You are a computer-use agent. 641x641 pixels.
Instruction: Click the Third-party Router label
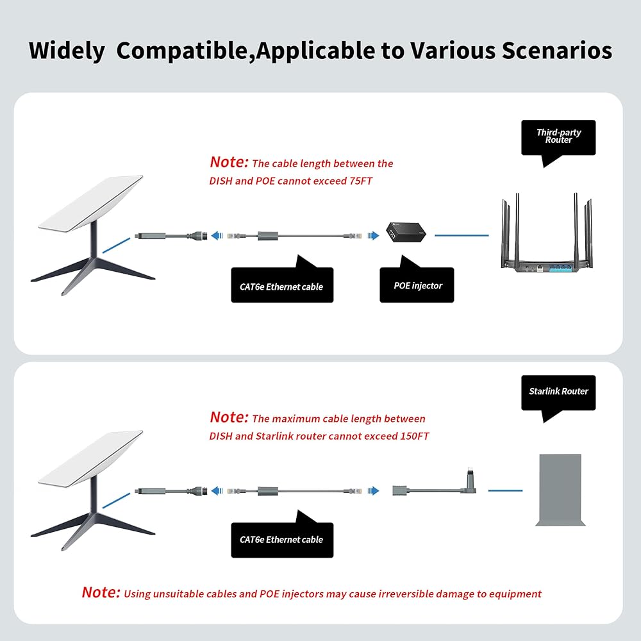558,137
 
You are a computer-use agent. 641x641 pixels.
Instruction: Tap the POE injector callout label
417,285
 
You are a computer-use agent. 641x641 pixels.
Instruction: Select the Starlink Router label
558,392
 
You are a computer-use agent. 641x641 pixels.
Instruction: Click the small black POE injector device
406,232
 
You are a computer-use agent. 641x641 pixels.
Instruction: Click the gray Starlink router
560,490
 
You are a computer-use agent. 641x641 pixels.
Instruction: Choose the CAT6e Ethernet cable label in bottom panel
282,540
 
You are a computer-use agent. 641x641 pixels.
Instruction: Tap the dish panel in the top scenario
90,204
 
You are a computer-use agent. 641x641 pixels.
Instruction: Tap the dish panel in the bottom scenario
90,459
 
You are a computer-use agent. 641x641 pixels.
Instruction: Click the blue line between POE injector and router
462,235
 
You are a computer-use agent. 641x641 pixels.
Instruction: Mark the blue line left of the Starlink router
505,490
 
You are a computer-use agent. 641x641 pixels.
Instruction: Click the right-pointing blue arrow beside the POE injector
373,235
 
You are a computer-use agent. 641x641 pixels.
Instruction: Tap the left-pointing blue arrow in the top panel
217,235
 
